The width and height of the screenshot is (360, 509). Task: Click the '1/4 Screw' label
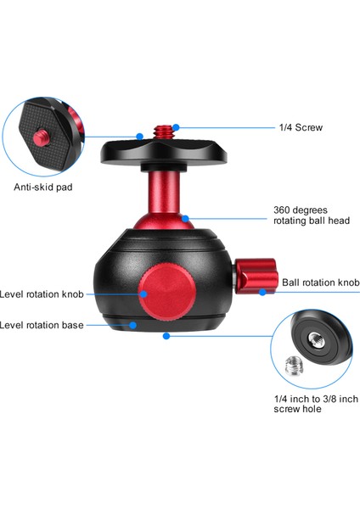coord(301,128)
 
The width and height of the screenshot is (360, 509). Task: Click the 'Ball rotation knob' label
coord(320,282)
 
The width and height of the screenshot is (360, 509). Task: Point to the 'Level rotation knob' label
coord(42,294)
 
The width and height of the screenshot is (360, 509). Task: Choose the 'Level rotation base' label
coord(42,324)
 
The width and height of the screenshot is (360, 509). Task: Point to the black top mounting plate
coord(161,153)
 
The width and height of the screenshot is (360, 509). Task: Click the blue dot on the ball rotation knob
coord(264,292)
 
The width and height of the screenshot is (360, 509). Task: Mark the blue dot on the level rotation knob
coord(145,294)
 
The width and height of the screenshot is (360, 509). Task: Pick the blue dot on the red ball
coord(185,217)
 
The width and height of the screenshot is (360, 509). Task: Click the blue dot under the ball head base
coord(167,337)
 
